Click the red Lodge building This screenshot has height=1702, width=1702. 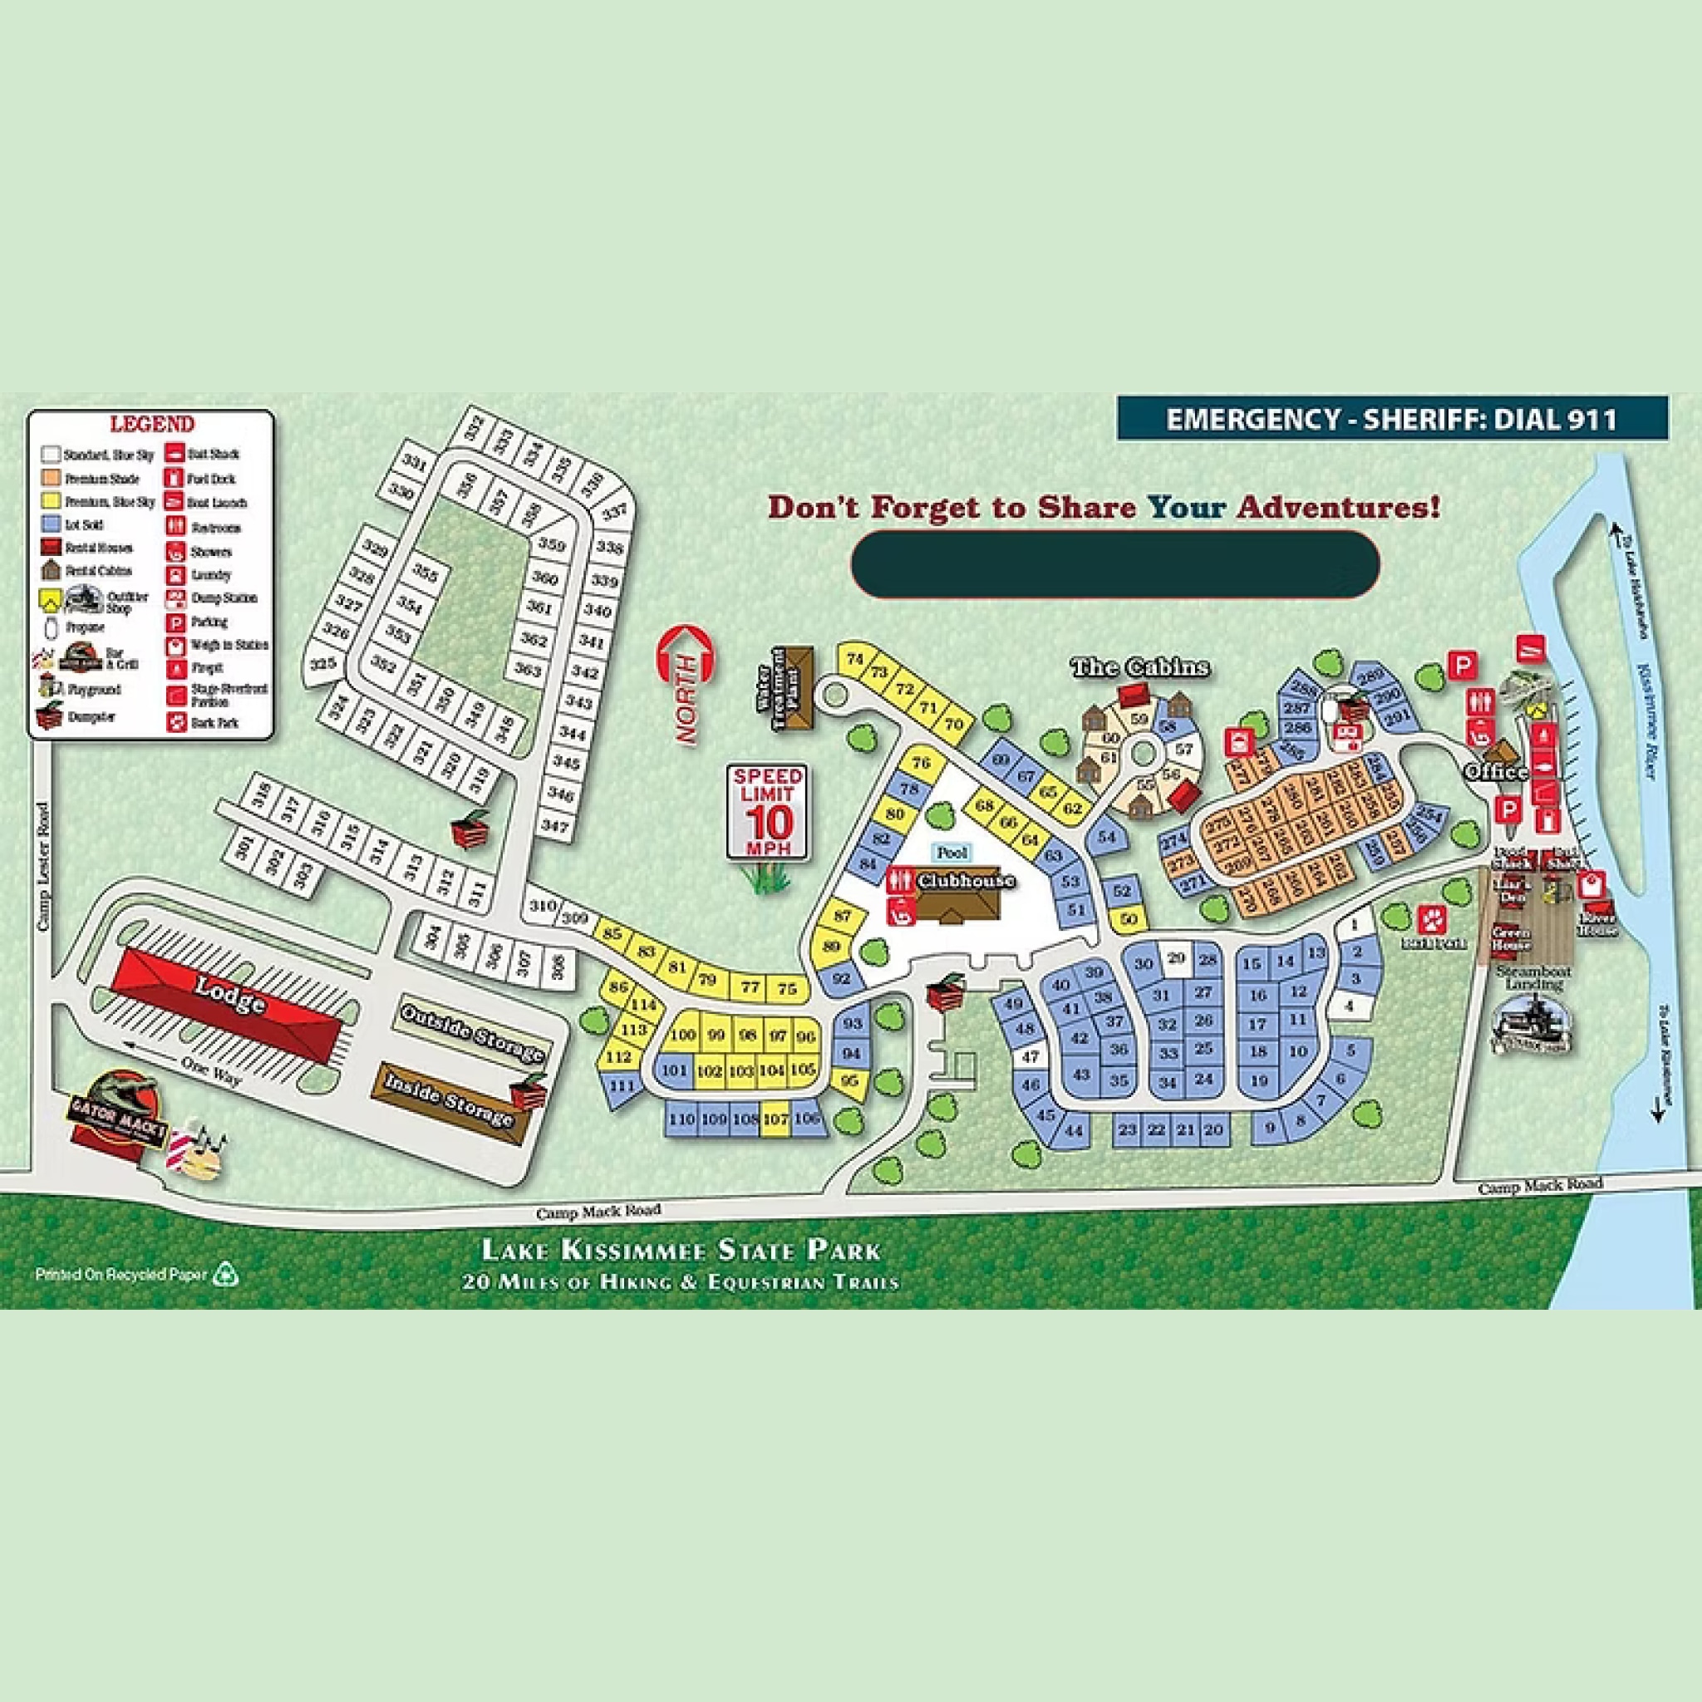pyautogui.click(x=231, y=1004)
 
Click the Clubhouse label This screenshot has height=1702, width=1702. pyautogui.click(x=966, y=881)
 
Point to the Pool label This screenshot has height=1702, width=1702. pyautogui.click(x=951, y=853)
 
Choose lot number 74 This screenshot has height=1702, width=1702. pyautogui.click(x=853, y=659)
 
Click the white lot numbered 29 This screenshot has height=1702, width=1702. pyautogui.click(x=1176, y=957)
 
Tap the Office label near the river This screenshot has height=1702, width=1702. pyautogui.click(x=1496, y=772)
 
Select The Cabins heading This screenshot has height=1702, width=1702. pyautogui.click(x=1140, y=667)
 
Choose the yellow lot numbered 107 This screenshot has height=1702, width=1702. pyautogui.click(x=775, y=1119)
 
